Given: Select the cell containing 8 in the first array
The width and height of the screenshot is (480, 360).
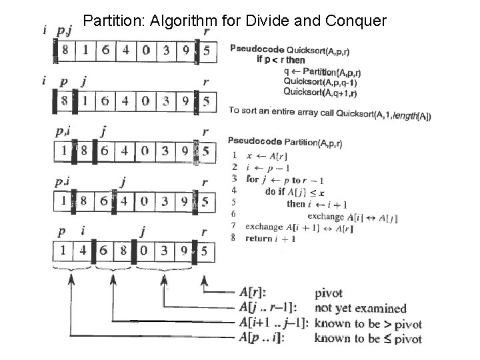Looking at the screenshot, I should pos(65,51).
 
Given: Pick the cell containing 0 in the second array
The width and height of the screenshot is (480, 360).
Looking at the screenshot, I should pos(145,102).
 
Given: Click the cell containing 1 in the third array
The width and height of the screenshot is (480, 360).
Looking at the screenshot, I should pos(63,152).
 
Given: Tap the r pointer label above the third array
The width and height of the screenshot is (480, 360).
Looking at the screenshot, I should pos(205,132).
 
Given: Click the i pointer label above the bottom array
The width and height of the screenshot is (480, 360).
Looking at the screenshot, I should pos(83,231).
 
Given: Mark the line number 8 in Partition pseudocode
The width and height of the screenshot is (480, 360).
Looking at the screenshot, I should pos(233,238).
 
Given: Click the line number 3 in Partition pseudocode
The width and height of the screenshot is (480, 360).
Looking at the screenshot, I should pos(233,179).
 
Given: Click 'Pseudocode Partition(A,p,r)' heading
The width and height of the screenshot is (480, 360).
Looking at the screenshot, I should pos(285,142).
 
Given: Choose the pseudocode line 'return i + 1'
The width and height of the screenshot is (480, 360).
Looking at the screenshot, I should pos(271,238).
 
